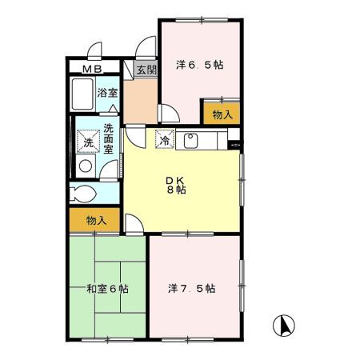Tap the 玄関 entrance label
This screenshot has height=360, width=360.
pos(145,70)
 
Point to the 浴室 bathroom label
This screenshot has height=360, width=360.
pos(107,93)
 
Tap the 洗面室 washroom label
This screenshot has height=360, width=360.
pos(108,135)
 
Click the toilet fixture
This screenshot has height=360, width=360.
pos(83,193)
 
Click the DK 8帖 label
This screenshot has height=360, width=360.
pos(177,185)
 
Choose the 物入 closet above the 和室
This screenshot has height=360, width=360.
pos(93,220)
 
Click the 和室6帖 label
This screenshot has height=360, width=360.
pos(107,288)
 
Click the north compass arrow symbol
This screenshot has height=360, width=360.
pos(282,326)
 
